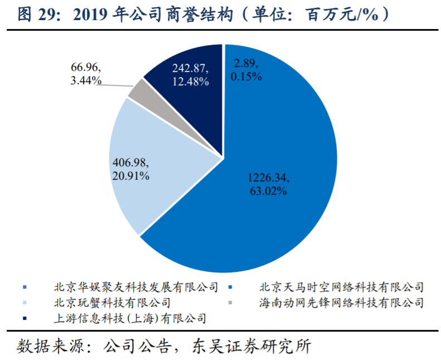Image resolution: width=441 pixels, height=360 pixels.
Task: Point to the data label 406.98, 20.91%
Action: [130, 169]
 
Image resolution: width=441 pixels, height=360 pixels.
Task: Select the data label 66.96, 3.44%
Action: [86, 74]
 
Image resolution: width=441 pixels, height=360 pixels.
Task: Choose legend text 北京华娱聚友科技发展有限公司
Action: [135, 287]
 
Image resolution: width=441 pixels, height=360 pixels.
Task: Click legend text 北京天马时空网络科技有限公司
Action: [341, 287]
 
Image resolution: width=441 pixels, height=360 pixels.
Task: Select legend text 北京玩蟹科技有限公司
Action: [112, 303]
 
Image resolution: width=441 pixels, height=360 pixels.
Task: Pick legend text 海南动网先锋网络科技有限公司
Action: [341, 303]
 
